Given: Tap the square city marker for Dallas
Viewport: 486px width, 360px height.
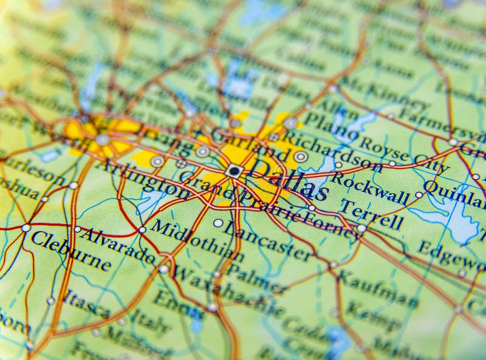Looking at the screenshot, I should tap(234, 171).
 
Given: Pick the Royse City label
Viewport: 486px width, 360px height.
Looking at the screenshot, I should tap(404, 154).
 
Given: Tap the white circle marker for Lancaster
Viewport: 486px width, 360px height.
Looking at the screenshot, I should tap(218, 223).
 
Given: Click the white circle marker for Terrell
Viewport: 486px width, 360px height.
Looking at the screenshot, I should tap(361, 228).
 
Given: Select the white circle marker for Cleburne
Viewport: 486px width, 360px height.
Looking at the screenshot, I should tap(26, 228).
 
